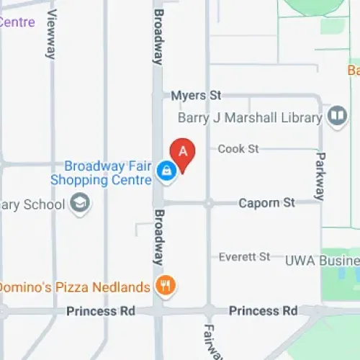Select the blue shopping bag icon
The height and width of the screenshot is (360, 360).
coord(166,171)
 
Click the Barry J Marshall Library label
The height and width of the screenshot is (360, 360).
coord(249,117)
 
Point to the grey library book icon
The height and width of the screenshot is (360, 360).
coord(336,115)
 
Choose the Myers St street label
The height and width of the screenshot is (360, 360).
coord(197,96)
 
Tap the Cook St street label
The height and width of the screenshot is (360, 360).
coord(238,149)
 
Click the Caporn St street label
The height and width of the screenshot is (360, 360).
coord(267,203)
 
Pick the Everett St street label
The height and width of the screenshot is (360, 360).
coord(244,256)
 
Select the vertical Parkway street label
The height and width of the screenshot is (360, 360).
coord(320,175)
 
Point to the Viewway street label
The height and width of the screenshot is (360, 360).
coord(51,35)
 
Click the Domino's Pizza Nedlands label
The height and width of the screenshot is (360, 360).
coord(74,287)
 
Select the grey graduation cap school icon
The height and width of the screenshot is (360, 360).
coord(80,204)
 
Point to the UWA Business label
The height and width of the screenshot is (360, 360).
coord(321,259)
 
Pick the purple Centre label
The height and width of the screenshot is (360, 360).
coord(16,22)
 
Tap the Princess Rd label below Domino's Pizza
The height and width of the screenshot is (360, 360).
coord(100,311)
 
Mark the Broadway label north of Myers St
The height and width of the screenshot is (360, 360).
coord(158,36)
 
